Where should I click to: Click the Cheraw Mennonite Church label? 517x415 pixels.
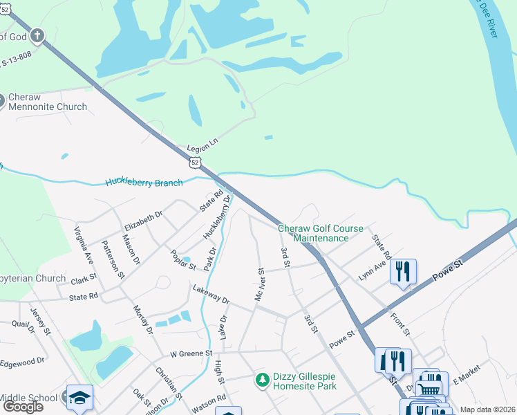pos(48,102)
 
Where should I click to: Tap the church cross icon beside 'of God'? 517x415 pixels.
pos(37,36)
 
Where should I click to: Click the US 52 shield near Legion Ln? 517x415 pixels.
pos(196,162)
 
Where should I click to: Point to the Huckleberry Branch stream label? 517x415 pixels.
pos(144,183)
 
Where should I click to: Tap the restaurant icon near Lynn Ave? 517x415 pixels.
pos(403,270)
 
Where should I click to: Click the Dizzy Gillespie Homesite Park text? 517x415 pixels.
pos(304,381)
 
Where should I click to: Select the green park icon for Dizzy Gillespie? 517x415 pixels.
pos(262,379)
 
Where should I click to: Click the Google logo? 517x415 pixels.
pos(23,407)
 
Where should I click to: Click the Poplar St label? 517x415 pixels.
pos(183,261)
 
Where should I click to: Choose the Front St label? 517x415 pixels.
pos(400,325)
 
